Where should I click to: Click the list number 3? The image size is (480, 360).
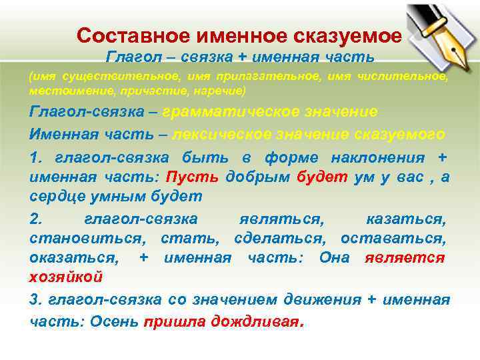(35, 300)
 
